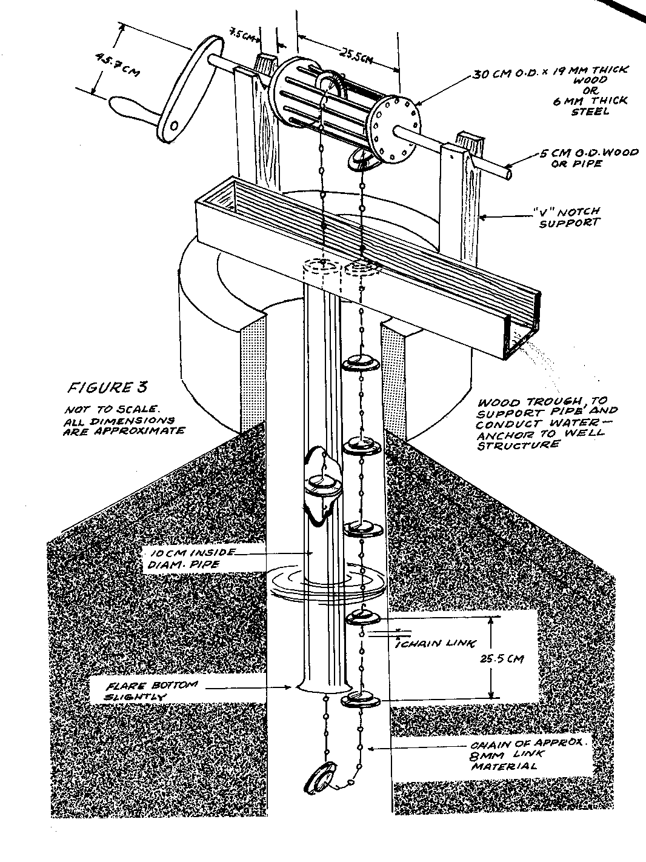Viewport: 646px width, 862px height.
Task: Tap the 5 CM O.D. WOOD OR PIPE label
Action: pyautogui.click(x=588, y=159)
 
